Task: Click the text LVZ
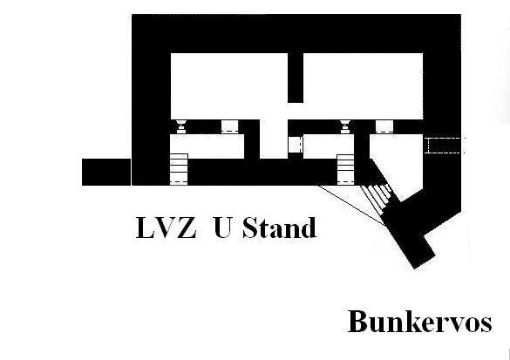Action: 167,228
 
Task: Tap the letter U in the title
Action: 223,228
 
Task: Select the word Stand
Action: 279,228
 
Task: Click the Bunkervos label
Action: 420,322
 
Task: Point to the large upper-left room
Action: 229,86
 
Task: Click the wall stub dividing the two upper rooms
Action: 296,78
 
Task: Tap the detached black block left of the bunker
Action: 106,172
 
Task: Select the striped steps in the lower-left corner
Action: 179,169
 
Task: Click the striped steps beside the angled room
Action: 345,170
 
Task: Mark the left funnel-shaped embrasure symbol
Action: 181,126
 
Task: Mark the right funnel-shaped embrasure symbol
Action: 345,126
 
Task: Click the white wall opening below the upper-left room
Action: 229,126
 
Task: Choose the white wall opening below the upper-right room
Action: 384,126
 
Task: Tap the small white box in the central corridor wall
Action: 296,145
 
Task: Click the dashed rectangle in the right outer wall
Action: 445,145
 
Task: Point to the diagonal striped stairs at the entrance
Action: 377,198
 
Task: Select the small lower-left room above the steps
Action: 207,146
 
